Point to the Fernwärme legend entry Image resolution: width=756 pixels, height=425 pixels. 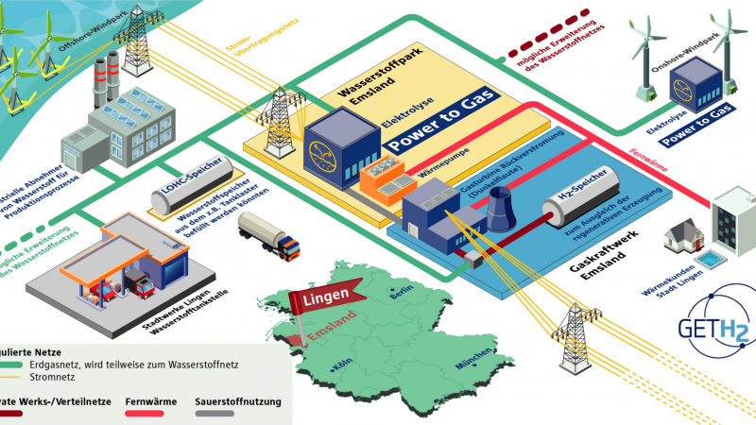tap(151, 402)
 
